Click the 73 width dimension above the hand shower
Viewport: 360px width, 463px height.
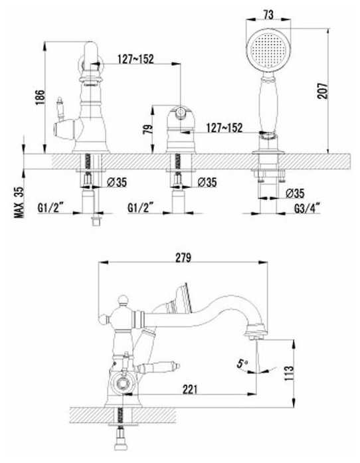coord(268,15)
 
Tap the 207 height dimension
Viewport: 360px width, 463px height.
coord(322,91)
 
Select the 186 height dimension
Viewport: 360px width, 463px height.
coord(40,97)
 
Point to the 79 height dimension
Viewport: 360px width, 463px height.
coord(148,129)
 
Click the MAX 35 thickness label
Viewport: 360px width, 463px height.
coord(19,202)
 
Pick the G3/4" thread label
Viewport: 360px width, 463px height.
coord(307,209)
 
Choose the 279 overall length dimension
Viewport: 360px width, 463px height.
coord(183,258)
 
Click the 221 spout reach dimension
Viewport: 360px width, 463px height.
coord(189,389)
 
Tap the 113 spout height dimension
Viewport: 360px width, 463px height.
coord(289,373)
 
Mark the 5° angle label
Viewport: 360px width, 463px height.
coord(242,363)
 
